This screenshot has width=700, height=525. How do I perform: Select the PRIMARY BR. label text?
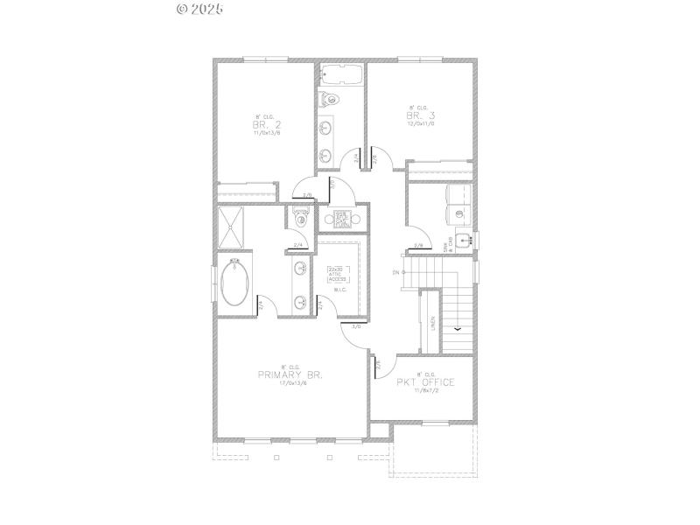pyautogui.click(x=290, y=374)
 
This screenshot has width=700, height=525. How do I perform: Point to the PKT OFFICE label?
pyautogui.click(x=424, y=382)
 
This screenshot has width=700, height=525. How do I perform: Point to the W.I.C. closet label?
pyautogui.click(x=341, y=290)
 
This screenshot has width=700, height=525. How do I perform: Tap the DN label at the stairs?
pyautogui.click(x=396, y=272)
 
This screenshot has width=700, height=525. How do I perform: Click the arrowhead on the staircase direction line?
pyautogui.click(x=457, y=329)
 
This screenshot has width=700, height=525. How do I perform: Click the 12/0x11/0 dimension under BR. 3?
pyautogui.click(x=420, y=123)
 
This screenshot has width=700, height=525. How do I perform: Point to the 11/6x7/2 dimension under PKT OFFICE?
pyautogui.click(x=424, y=392)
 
